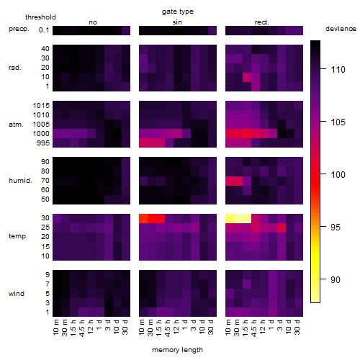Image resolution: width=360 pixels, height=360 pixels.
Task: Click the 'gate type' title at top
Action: [x=178, y=12]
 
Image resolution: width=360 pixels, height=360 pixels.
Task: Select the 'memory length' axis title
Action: [x=177, y=350]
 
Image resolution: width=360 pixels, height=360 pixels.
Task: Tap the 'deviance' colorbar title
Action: [x=341, y=29]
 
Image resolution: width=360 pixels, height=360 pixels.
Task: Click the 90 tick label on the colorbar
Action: [x=336, y=279]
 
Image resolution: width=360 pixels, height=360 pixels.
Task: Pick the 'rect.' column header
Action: [x=262, y=22]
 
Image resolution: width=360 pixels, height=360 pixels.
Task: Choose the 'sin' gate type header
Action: [x=177, y=22]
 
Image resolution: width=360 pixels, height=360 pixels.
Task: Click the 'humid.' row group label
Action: [x=20, y=181]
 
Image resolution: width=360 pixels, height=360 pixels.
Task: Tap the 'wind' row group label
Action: [x=17, y=294]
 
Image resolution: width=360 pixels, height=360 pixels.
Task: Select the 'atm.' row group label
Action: [x=16, y=125]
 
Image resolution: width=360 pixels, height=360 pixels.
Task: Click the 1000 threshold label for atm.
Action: [x=41, y=133]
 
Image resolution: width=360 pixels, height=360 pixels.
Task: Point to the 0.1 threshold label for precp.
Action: [x=44, y=30]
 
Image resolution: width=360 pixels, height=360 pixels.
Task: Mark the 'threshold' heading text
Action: [x=40, y=17]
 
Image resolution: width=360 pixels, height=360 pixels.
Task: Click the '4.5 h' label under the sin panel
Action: [x=168, y=328]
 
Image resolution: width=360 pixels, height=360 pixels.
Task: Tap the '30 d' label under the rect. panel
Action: [x=297, y=328]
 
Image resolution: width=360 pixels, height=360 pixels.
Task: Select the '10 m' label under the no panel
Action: [x=55, y=328]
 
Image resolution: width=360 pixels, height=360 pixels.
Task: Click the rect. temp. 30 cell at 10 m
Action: [x=230, y=218]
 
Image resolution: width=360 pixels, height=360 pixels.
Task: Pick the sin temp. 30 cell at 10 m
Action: [x=143, y=218]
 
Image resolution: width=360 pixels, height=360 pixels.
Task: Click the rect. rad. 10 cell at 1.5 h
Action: [x=247, y=77]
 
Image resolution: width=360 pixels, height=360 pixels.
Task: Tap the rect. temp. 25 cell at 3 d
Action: [x=282, y=228]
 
